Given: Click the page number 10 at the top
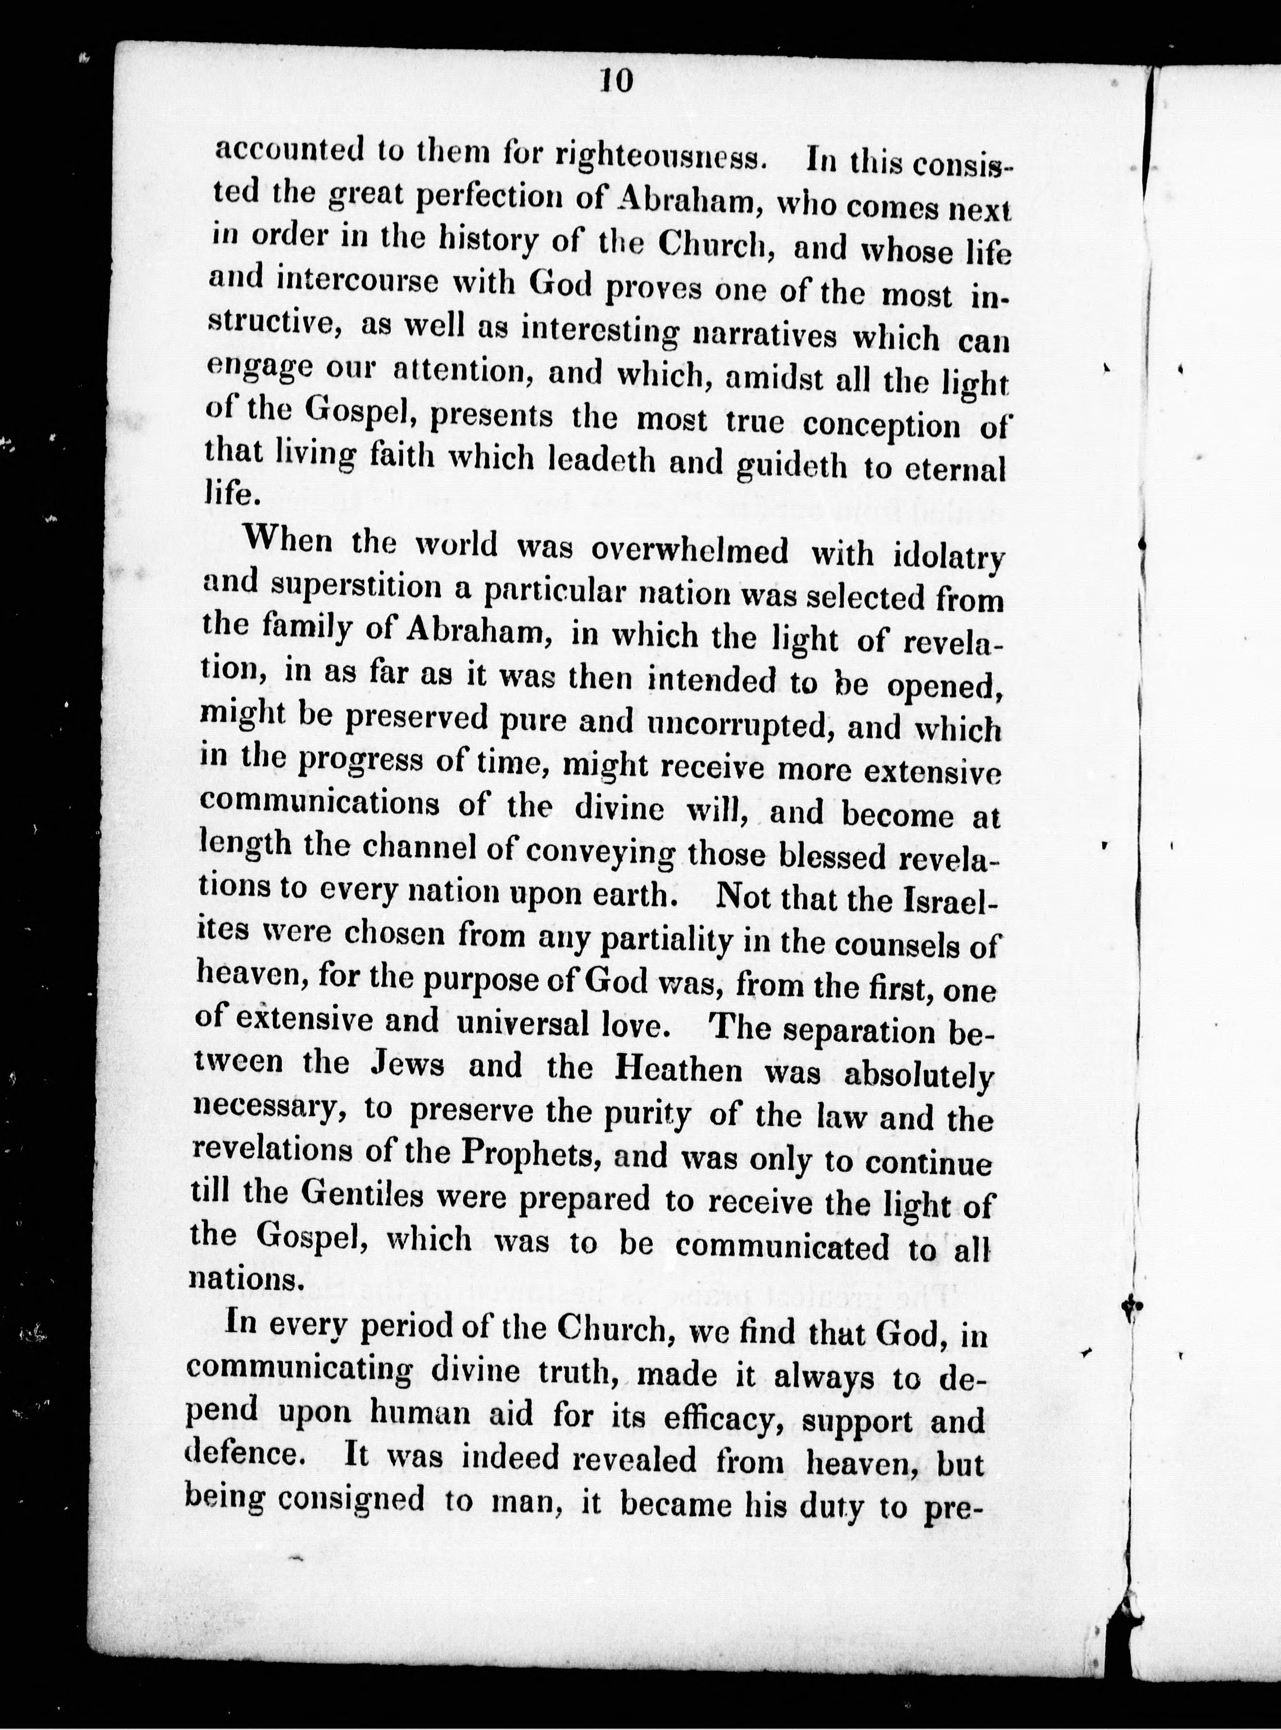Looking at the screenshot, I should [617, 80].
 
